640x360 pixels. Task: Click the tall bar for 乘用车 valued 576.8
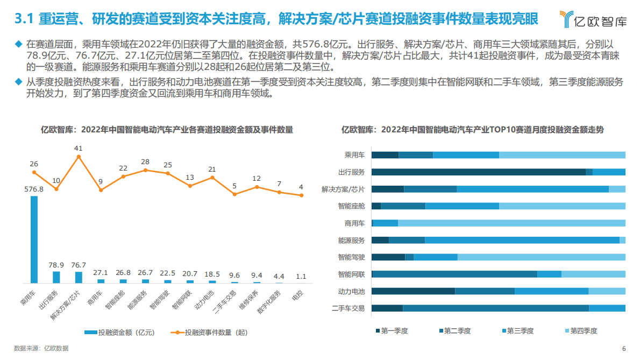pos(34,239)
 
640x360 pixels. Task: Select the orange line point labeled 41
pos(79,157)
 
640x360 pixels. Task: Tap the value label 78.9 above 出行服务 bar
pos(56,265)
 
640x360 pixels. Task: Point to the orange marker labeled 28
pos(145,170)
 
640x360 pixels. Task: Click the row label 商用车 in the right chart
pos(355,223)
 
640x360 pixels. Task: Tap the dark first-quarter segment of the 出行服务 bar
pos(478,172)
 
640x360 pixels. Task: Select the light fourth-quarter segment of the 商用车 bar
pos(511,223)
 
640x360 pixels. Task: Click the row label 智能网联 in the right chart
pos(352,274)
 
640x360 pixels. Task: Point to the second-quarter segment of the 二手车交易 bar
pos(495,308)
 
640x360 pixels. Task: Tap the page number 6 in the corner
pos(624,348)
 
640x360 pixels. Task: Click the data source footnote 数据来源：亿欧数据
pos(41,348)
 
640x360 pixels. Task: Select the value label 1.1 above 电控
pos(301,277)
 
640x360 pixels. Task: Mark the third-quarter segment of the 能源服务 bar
pos(522,240)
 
